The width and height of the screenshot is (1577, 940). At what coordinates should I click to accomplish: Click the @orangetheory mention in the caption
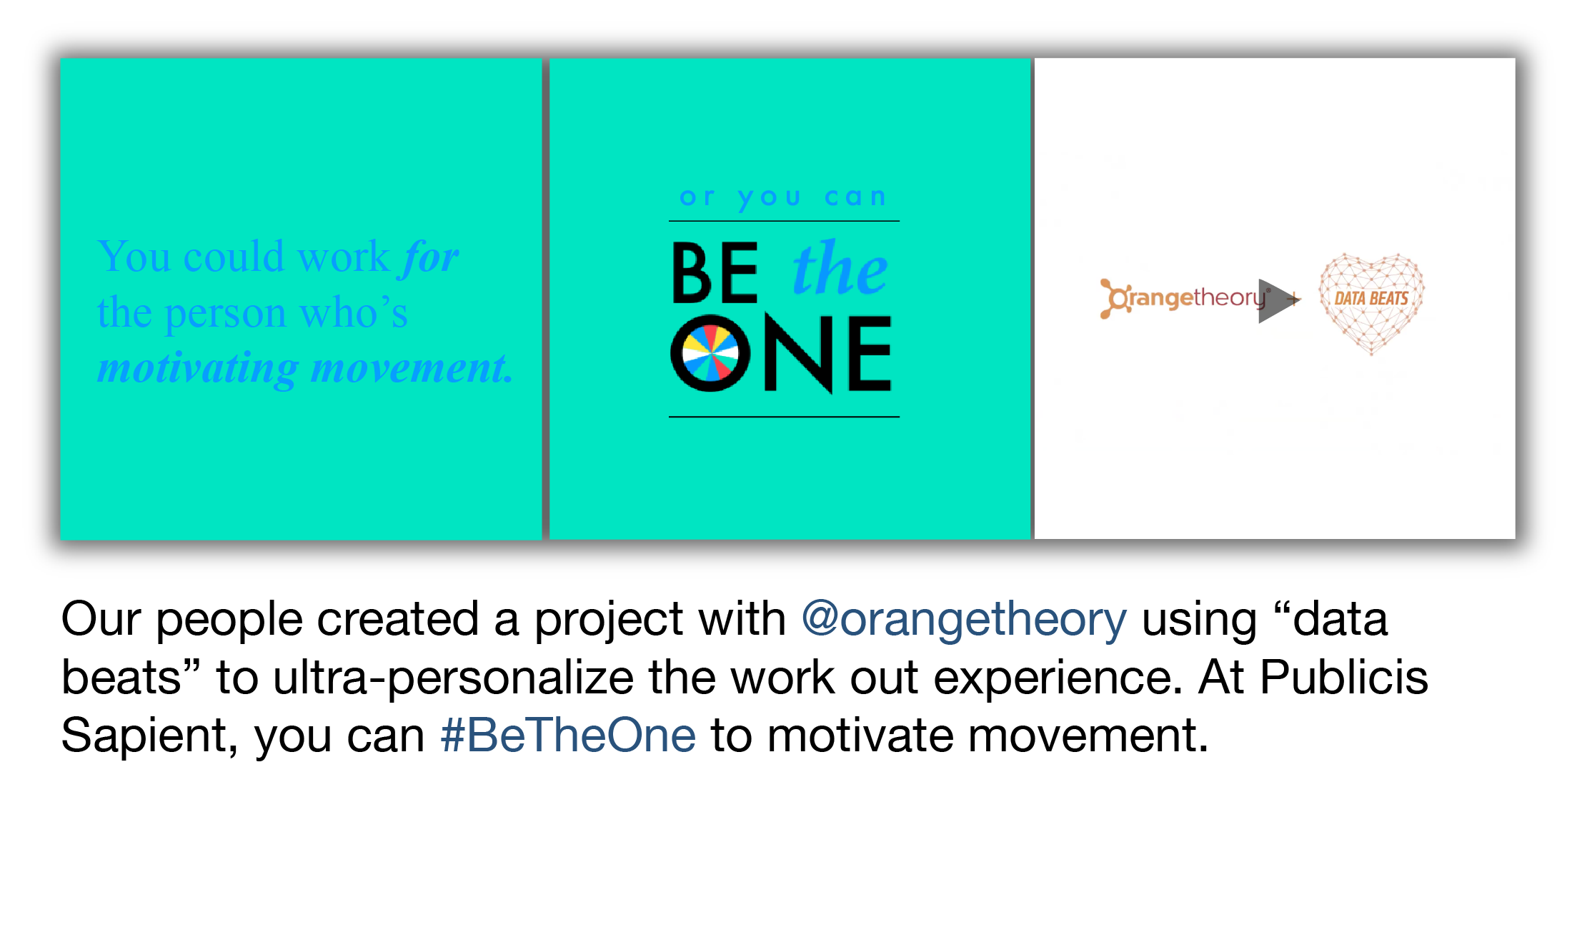click(964, 619)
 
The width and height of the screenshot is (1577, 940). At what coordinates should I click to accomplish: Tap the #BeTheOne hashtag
click(568, 736)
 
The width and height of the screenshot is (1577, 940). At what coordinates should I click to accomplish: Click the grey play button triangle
click(1278, 300)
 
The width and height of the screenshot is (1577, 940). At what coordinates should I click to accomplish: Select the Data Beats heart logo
click(1371, 303)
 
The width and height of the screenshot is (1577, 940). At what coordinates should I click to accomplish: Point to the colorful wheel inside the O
click(710, 353)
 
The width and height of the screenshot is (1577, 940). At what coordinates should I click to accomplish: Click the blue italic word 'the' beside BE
click(840, 268)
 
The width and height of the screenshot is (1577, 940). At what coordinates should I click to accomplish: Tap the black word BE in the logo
click(715, 272)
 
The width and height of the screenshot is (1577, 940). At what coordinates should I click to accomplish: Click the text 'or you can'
click(783, 197)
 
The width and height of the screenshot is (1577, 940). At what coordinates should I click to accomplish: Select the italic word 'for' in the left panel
click(430, 257)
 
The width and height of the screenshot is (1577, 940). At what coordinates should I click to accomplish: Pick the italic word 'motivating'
click(198, 368)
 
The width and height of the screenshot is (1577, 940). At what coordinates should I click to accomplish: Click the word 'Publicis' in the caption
click(1344, 677)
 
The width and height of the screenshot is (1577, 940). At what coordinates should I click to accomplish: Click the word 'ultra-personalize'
click(453, 677)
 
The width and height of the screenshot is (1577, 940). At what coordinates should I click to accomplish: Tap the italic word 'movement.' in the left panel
click(412, 368)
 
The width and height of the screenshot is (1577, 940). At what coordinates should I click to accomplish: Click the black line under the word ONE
click(784, 417)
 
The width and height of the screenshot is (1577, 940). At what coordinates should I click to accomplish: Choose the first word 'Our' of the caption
click(101, 619)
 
